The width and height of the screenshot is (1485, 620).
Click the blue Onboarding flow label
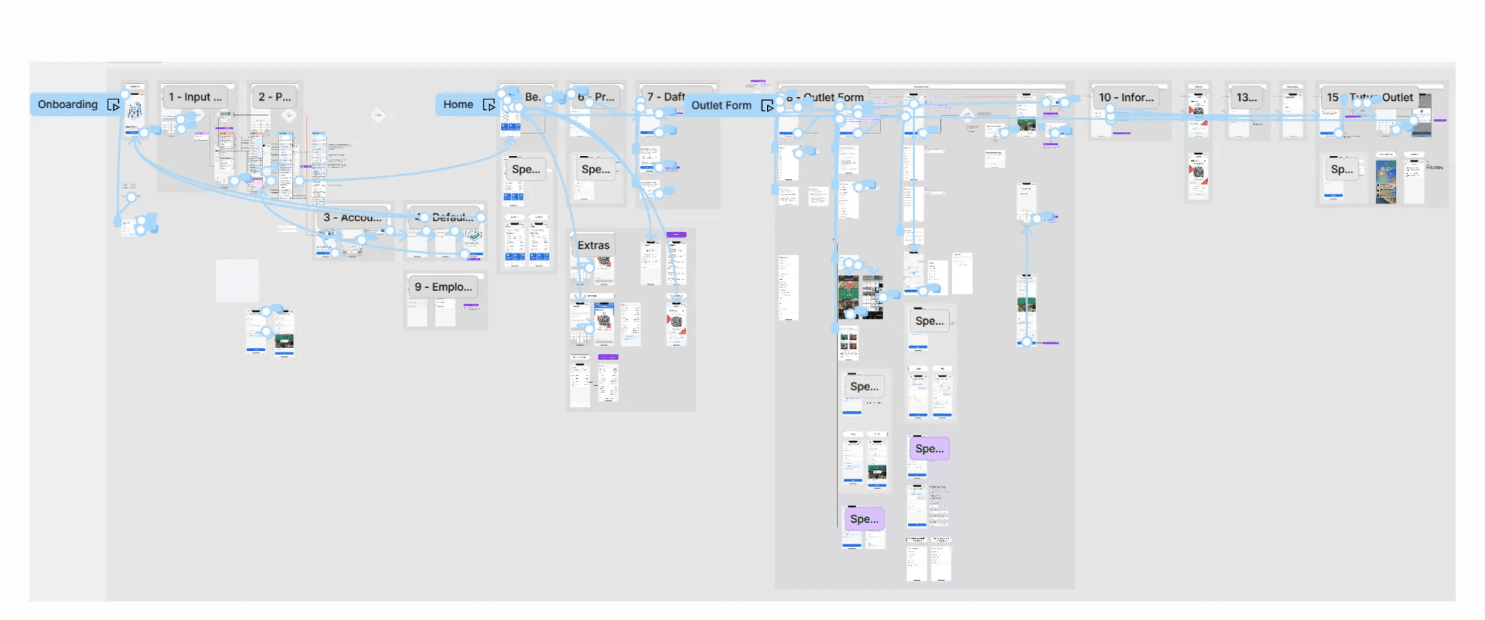[x=67, y=104]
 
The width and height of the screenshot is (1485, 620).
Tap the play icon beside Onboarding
[x=113, y=105]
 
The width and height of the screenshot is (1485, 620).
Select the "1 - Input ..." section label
[x=196, y=96]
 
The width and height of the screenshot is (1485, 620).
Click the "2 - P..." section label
[x=275, y=96]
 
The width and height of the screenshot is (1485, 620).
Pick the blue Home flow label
[x=458, y=104]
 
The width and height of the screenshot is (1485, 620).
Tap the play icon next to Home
[x=489, y=105]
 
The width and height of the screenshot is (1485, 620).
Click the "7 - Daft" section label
[x=666, y=96]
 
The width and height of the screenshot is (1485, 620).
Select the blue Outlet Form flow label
[x=721, y=105]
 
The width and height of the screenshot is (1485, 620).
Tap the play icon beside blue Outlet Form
[x=767, y=106]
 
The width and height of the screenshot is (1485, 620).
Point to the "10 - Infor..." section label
[x=1126, y=97]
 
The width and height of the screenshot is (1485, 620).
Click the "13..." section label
[x=1247, y=97]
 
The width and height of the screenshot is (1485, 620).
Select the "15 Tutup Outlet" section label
[x=1370, y=97]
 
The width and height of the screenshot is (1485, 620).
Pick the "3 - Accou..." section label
[x=352, y=218]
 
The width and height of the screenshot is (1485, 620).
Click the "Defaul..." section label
[x=450, y=218]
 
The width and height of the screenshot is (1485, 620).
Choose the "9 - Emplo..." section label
[x=443, y=287]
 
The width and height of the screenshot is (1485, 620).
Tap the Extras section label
[x=593, y=245]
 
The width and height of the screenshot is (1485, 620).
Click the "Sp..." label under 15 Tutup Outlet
[x=1342, y=169]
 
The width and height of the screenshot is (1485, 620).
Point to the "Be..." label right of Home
[x=533, y=96]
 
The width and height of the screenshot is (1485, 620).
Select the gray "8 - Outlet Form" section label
[x=830, y=97]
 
